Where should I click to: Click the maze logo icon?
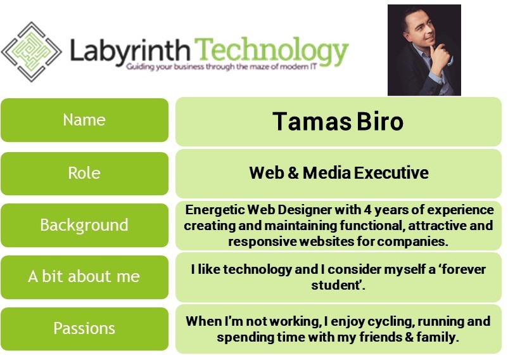point(31,51)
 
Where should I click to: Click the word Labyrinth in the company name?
point(129,49)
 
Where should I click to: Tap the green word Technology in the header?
point(272,50)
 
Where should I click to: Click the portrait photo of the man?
point(424,49)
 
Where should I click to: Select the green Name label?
point(84,120)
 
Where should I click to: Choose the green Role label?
point(84,173)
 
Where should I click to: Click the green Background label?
point(84,225)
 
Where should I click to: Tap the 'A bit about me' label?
point(84,276)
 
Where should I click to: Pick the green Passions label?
point(84,328)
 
